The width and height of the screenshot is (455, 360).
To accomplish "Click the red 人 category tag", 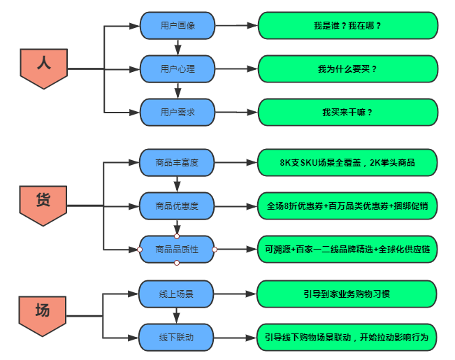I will (x=43, y=66).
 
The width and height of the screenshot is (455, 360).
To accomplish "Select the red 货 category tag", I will (x=43, y=203).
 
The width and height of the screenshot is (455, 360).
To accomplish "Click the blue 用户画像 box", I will (x=178, y=26).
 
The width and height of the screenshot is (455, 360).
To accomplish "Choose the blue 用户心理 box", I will (x=178, y=69).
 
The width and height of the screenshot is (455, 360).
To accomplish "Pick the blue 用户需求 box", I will (x=178, y=112).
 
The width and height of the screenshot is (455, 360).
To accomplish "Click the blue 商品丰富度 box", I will (x=177, y=163).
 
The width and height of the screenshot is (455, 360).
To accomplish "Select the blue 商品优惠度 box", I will (x=177, y=206).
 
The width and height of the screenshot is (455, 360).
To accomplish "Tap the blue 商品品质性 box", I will (x=177, y=249).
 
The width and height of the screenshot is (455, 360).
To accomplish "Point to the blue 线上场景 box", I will (x=177, y=294).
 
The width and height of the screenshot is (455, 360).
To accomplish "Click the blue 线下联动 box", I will (x=177, y=338).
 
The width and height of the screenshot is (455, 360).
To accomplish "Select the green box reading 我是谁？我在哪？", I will (x=347, y=26).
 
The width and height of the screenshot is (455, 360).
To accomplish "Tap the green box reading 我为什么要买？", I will (x=347, y=69).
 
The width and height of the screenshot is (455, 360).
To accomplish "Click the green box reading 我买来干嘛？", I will (x=347, y=112).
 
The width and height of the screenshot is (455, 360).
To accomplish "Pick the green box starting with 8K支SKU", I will (x=347, y=163).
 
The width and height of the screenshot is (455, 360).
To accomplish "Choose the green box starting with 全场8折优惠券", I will (x=347, y=206).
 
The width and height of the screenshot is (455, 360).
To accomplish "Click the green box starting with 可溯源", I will (x=347, y=249).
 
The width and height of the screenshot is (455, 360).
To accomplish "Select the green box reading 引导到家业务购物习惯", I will (x=347, y=294).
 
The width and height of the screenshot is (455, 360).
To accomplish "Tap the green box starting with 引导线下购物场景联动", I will (x=347, y=338).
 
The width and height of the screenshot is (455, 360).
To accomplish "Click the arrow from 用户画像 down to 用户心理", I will (x=178, y=48).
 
